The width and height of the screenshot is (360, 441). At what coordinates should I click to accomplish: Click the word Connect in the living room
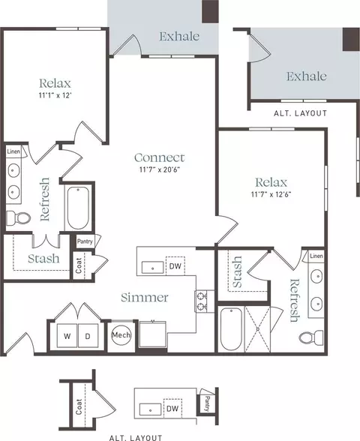160,157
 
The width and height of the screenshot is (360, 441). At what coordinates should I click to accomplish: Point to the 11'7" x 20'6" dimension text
160,169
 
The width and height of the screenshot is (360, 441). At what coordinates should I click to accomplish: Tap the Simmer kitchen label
145,297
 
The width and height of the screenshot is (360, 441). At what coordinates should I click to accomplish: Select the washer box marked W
67,336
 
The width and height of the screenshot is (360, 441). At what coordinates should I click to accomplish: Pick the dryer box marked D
88,336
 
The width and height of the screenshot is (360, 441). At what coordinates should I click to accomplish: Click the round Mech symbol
121,335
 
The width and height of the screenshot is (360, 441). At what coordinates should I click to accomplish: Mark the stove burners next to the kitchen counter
201,301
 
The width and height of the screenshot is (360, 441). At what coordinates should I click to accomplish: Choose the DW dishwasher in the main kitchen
175,265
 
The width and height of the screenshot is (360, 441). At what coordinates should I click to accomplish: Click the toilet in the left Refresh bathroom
18,217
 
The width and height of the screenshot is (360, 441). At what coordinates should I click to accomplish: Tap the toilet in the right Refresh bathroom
311,337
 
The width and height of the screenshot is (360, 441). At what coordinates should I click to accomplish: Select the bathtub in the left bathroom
78,208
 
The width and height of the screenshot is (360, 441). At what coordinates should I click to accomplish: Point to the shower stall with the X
258,329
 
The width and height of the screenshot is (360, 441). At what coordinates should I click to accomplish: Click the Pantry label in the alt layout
207,403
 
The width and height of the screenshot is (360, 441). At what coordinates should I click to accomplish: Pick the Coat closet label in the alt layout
79,406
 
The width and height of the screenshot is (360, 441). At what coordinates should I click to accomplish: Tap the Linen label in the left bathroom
13,151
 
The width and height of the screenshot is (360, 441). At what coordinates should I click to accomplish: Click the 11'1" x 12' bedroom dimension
55,95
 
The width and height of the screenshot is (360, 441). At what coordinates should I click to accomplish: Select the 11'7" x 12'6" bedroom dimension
271,194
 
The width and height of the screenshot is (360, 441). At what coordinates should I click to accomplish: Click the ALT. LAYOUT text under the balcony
300,113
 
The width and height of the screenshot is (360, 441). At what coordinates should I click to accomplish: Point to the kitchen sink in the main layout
152,268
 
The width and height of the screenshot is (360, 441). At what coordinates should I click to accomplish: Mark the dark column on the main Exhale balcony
211,11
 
